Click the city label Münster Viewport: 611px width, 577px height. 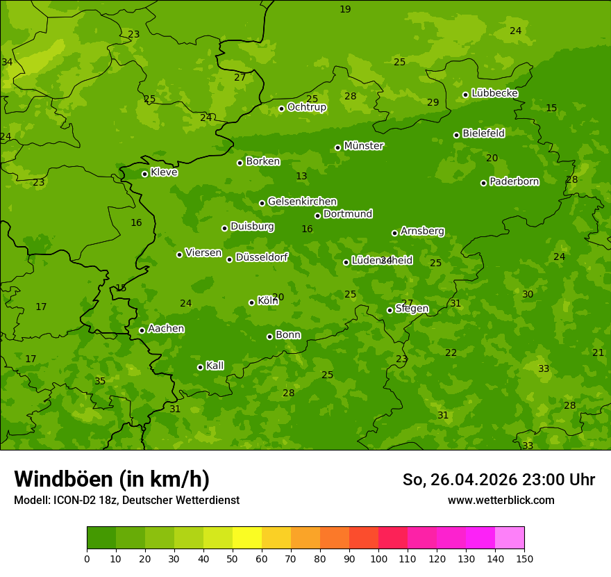pyautogui.click(x=363, y=146)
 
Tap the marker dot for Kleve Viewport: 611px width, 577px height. pyautogui.click(x=144, y=174)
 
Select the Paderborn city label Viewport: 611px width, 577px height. pyautogui.click(x=514, y=181)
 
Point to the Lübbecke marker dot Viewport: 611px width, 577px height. pyautogui.click(x=465, y=95)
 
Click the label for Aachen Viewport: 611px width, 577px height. pyautogui.click(x=166, y=329)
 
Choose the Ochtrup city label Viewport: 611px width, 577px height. pyautogui.click(x=306, y=107)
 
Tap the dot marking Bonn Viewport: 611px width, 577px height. pyautogui.click(x=269, y=336)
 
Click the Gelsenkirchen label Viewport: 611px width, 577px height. pyautogui.click(x=302, y=202)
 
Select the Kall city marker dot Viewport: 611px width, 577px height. pyautogui.click(x=200, y=367)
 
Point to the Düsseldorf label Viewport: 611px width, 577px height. pyautogui.click(x=261, y=257)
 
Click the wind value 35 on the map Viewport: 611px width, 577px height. pyautogui.click(x=100, y=381)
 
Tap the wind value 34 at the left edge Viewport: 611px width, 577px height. pyautogui.click(x=7, y=62)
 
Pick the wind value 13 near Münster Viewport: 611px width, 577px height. pyautogui.click(x=301, y=177)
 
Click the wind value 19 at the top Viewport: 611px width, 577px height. pyautogui.click(x=345, y=9)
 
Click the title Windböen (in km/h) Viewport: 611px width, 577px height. pyautogui.click(x=112, y=479)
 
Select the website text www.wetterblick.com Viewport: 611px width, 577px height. pyautogui.click(x=501, y=500)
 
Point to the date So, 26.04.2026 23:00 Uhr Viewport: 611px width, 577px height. pyautogui.click(x=499, y=480)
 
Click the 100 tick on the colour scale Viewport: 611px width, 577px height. pyautogui.click(x=378, y=558)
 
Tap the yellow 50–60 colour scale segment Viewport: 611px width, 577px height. pyautogui.click(x=247, y=538)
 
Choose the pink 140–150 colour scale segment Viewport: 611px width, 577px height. pyautogui.click(x=510, y=538)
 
